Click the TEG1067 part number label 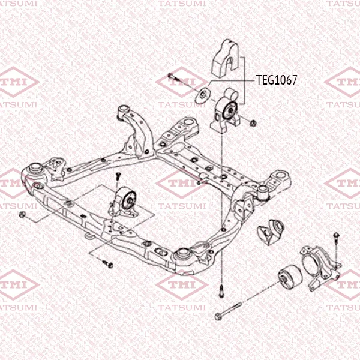(277, 80)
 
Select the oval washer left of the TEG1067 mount (202, 95)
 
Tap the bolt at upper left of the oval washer (173, 77)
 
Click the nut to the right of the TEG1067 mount (253, 123)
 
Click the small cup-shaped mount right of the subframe (271, 232)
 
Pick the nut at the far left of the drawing (22, 215)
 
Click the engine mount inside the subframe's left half (124, 202)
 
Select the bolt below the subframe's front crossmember (107, 264)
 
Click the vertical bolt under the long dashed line (221, 290)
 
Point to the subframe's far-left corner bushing (35, 169)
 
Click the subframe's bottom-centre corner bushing (182, 254)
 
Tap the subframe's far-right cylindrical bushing (263, 193)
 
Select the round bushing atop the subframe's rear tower (123, 110)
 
